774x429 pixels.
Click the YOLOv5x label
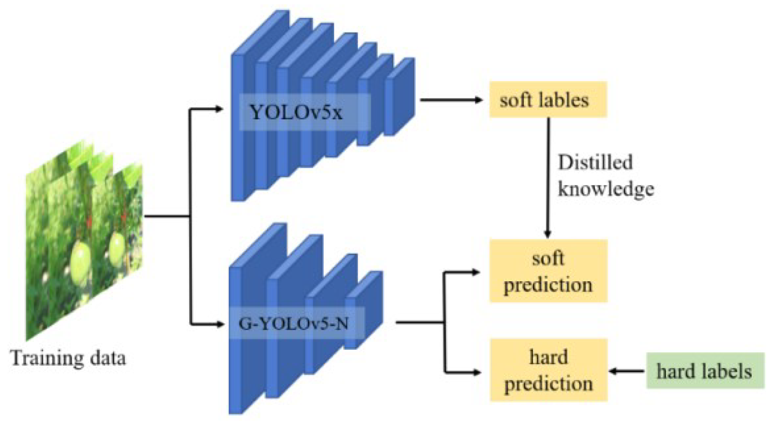296,113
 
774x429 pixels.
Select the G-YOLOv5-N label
293,324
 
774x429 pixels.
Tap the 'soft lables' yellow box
548,100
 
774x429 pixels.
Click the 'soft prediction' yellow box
548,271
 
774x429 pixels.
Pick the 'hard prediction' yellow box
548,370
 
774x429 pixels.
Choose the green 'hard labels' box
704,371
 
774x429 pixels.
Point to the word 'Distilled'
595,163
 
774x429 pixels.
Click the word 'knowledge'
606,189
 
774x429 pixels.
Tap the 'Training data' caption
68,358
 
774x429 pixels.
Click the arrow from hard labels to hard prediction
627,371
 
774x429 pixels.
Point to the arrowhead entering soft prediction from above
548,233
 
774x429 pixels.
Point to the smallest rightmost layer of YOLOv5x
400,96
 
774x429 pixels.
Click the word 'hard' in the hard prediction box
548,357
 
